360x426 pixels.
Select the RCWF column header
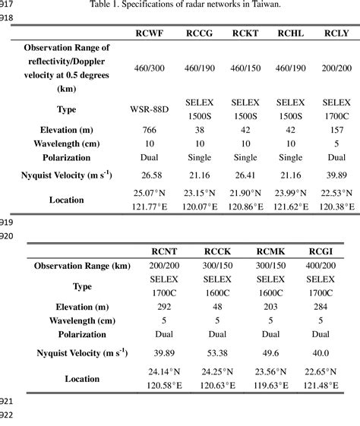coord(150,33)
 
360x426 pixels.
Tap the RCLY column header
coord(336,33)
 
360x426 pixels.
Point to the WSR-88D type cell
coord(150,108)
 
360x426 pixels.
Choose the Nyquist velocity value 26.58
coord(150,175)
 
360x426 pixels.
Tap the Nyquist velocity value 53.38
coord(219,352)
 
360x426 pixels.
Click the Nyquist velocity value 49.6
coord(270,352)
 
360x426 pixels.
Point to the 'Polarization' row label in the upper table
coord(67,157)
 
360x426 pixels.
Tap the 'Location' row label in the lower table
coord(82,378)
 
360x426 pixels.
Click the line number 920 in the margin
coord(7,236)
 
